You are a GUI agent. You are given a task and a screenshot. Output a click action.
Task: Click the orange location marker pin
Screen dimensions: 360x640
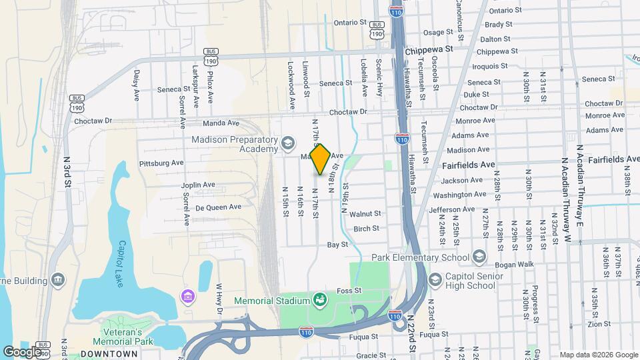(x=321, y=159)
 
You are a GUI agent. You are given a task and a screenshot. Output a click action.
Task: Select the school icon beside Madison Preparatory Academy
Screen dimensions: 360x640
(x=288, y=143)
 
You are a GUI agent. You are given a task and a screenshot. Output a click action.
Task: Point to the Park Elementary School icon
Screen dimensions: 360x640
(x=479, y=257)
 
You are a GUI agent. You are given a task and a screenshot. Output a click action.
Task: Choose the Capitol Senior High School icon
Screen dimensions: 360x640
(x=436, y=279)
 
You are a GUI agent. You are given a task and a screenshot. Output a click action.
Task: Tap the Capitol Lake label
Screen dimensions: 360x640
(x=123, y=256)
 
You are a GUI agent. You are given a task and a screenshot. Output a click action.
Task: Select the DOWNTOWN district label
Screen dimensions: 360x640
(x=109, y=354)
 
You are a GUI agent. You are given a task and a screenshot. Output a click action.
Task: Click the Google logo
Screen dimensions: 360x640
(x=22, y=351)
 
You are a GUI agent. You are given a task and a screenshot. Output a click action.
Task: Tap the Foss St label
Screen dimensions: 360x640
(x=349, y=291)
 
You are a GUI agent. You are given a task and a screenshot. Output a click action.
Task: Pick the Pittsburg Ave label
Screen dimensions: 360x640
(x=161, y=163)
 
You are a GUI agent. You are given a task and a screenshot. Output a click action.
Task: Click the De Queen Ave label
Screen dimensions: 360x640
(x=218, y=207)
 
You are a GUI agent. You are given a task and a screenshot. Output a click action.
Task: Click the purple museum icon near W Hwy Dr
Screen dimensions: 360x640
(x=187, y=295)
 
